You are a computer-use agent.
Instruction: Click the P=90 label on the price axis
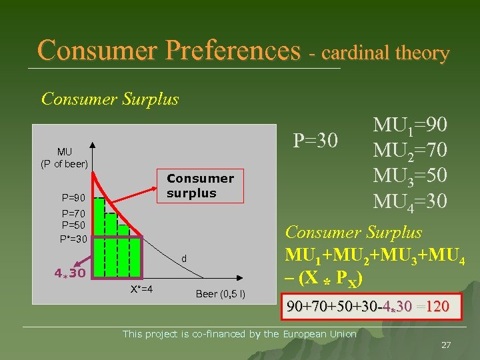[73, 198]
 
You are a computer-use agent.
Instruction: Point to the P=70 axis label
[73, 214]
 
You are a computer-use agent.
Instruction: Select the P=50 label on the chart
[73, 225]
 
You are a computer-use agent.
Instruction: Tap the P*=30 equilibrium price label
[73, 239]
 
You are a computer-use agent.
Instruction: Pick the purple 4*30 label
[69, 273]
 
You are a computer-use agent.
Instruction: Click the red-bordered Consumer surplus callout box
[200, 186]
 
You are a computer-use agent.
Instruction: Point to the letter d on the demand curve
[183, 258]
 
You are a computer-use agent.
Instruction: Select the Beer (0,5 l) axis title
[221, 294]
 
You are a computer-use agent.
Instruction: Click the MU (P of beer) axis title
[65, 158]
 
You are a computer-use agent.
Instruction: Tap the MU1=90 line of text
[410, 126]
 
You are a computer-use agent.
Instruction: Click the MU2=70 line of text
[410, 151]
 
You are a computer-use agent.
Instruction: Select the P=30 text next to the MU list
[317, 141]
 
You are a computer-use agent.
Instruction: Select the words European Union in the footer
[320, 333]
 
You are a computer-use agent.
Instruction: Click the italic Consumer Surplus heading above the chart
[110, 99]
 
